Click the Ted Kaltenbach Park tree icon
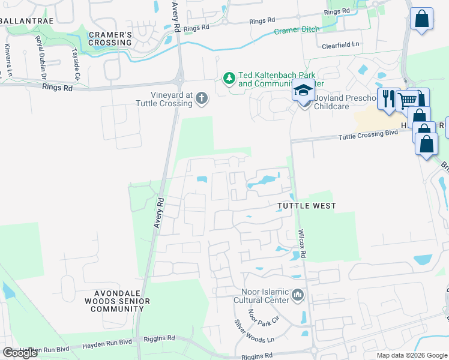coord(229,78)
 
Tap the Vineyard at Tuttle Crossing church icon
coord(202,98)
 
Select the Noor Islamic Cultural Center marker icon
coord(298,295)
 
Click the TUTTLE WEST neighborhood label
coord(306,206)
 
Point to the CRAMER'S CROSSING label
coord(110,38)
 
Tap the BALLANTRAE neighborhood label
coord(28,21)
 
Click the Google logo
coord(20,352)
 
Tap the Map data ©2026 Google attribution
coord(412,355)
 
